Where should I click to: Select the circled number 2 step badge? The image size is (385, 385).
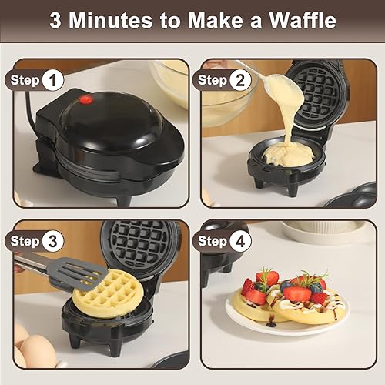point(242,79)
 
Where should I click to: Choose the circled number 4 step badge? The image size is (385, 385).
point(242,241)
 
